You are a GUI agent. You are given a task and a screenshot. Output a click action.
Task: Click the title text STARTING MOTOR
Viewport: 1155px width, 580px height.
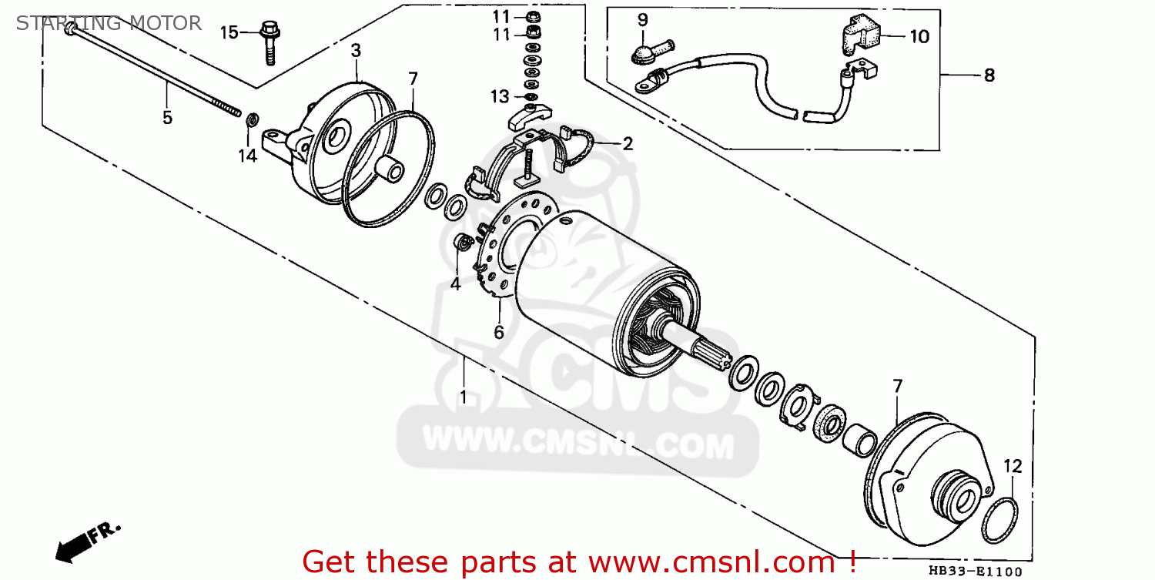tap(109, 23)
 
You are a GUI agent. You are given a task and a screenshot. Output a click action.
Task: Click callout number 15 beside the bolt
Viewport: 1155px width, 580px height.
tap(229, 32)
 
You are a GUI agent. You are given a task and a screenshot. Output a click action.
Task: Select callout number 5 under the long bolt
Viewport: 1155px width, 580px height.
tap(167, 118)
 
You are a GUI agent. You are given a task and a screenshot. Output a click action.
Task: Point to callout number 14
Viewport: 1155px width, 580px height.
tap(246, 156)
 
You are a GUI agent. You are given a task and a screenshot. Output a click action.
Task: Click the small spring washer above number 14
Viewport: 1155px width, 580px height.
tap(251, 121)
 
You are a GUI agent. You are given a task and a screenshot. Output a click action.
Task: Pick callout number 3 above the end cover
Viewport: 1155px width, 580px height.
tap(356, 51)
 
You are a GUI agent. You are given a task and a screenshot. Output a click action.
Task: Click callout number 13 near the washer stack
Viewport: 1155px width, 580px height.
tap(500, 96)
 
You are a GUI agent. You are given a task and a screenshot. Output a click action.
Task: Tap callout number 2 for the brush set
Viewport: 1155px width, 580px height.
tap(628, 143)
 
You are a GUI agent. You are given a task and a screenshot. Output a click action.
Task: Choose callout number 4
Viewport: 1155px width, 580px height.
tap(455, 284)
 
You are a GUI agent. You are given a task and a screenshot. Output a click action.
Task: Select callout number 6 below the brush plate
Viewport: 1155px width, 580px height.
tap(498, 332)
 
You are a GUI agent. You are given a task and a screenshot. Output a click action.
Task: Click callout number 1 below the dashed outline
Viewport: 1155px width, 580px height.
tap(464, 397)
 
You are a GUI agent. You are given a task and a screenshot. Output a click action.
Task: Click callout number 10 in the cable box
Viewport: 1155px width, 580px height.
tap(919, 36)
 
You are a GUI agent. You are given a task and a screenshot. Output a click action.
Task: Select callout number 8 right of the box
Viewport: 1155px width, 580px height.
tap(989, 75)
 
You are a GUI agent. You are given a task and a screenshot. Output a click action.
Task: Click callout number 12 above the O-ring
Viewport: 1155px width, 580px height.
tap(1013, 466)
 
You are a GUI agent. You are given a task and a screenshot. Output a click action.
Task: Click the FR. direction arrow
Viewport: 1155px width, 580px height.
tap(86, 539)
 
